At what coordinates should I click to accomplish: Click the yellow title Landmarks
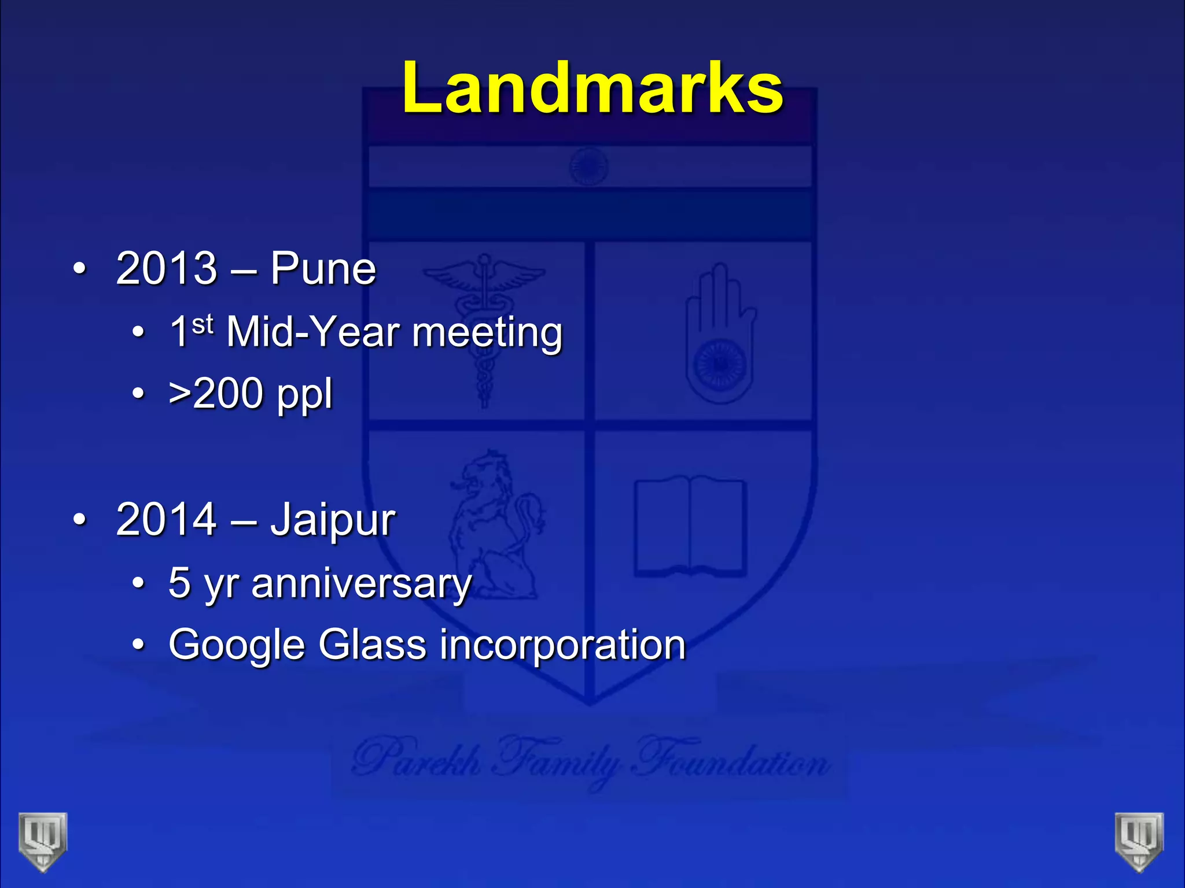click(x=592, y=88)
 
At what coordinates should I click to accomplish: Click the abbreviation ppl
click(x=304, y=395)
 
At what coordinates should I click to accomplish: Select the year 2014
click(x=166, y=519)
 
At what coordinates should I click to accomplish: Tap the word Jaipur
click(x=333, y=520)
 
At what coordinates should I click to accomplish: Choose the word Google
click(x=236, y=645)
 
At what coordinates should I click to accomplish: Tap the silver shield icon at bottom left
click(x=43, y=841)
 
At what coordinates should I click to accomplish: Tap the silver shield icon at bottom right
click(x=1139, y=841)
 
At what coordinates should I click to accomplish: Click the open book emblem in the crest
click(x=690, y=526)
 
